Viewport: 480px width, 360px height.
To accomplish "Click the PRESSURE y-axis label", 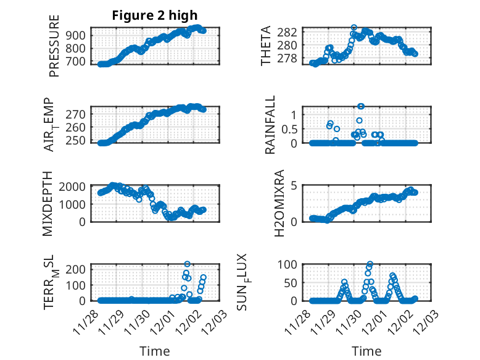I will point(54,51).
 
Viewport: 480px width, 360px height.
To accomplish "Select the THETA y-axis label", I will point(266,46).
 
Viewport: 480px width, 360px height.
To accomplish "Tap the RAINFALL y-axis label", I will point(270,125).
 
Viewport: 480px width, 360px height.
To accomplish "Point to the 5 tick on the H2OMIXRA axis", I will point(295,186).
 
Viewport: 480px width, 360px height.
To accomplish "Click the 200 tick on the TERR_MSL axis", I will point(77,269).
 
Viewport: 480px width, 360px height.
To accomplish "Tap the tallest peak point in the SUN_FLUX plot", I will point(370,264).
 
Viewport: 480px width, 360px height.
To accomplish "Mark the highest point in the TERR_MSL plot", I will point(188,264).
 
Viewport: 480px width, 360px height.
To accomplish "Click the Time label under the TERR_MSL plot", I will point(155,351).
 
